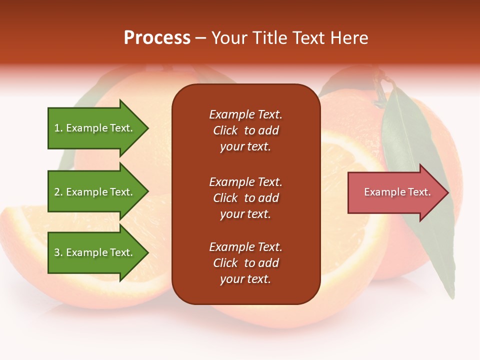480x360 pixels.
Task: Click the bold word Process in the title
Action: tap(157, 38)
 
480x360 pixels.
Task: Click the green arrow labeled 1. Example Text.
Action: tap(95, 128)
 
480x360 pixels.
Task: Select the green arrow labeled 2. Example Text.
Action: tap(95, 192)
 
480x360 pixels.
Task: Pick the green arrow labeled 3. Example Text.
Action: tap(95, 252)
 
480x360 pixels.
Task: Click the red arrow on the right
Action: tap(395, 192)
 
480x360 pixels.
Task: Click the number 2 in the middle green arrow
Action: tap(56, 192)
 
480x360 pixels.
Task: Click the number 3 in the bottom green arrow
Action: tap(56, 252)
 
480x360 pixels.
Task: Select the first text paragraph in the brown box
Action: tap(245, 130)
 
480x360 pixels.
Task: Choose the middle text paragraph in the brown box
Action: tap(245, 198)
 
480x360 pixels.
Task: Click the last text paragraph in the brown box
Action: tap(245, 263)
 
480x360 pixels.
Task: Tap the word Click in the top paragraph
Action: tap(225, 130)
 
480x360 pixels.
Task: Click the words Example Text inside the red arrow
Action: tap(397, 192)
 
